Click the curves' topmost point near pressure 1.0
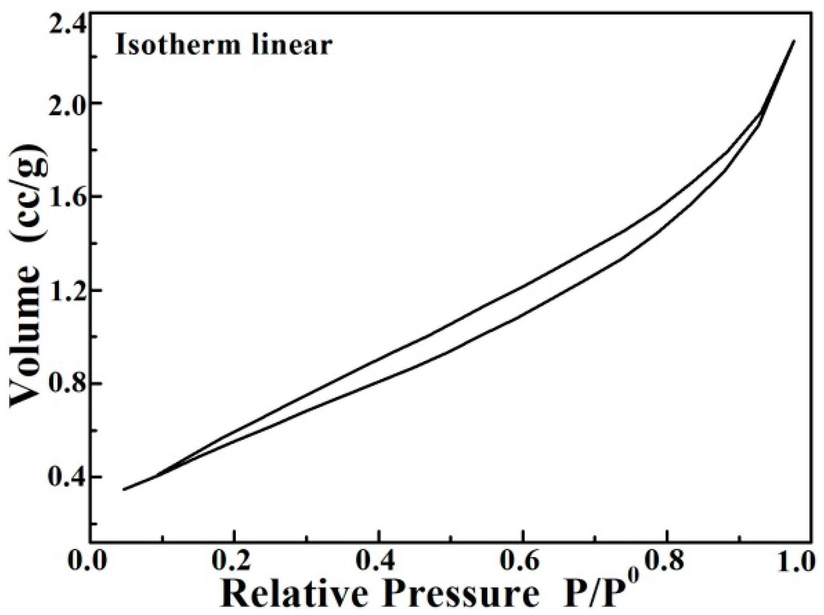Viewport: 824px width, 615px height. [x=794, y=41]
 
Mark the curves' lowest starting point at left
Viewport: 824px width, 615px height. [x=124, y=489]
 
